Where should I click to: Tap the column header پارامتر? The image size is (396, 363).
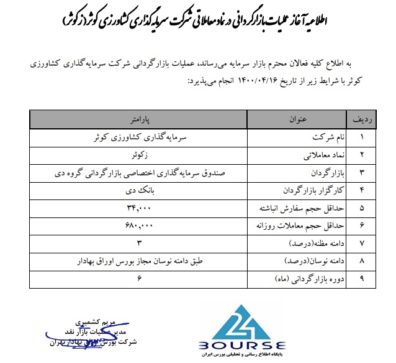click(x=141, y=117)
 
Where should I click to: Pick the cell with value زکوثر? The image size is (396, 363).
click(x=140, y=152)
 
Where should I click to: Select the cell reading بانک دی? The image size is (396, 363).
click(x=140, y=187)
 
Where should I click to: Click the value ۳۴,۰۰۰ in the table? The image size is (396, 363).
click(x=140, y=204)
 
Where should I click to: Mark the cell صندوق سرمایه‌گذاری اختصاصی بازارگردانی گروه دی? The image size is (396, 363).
click(x=141, y=170)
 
